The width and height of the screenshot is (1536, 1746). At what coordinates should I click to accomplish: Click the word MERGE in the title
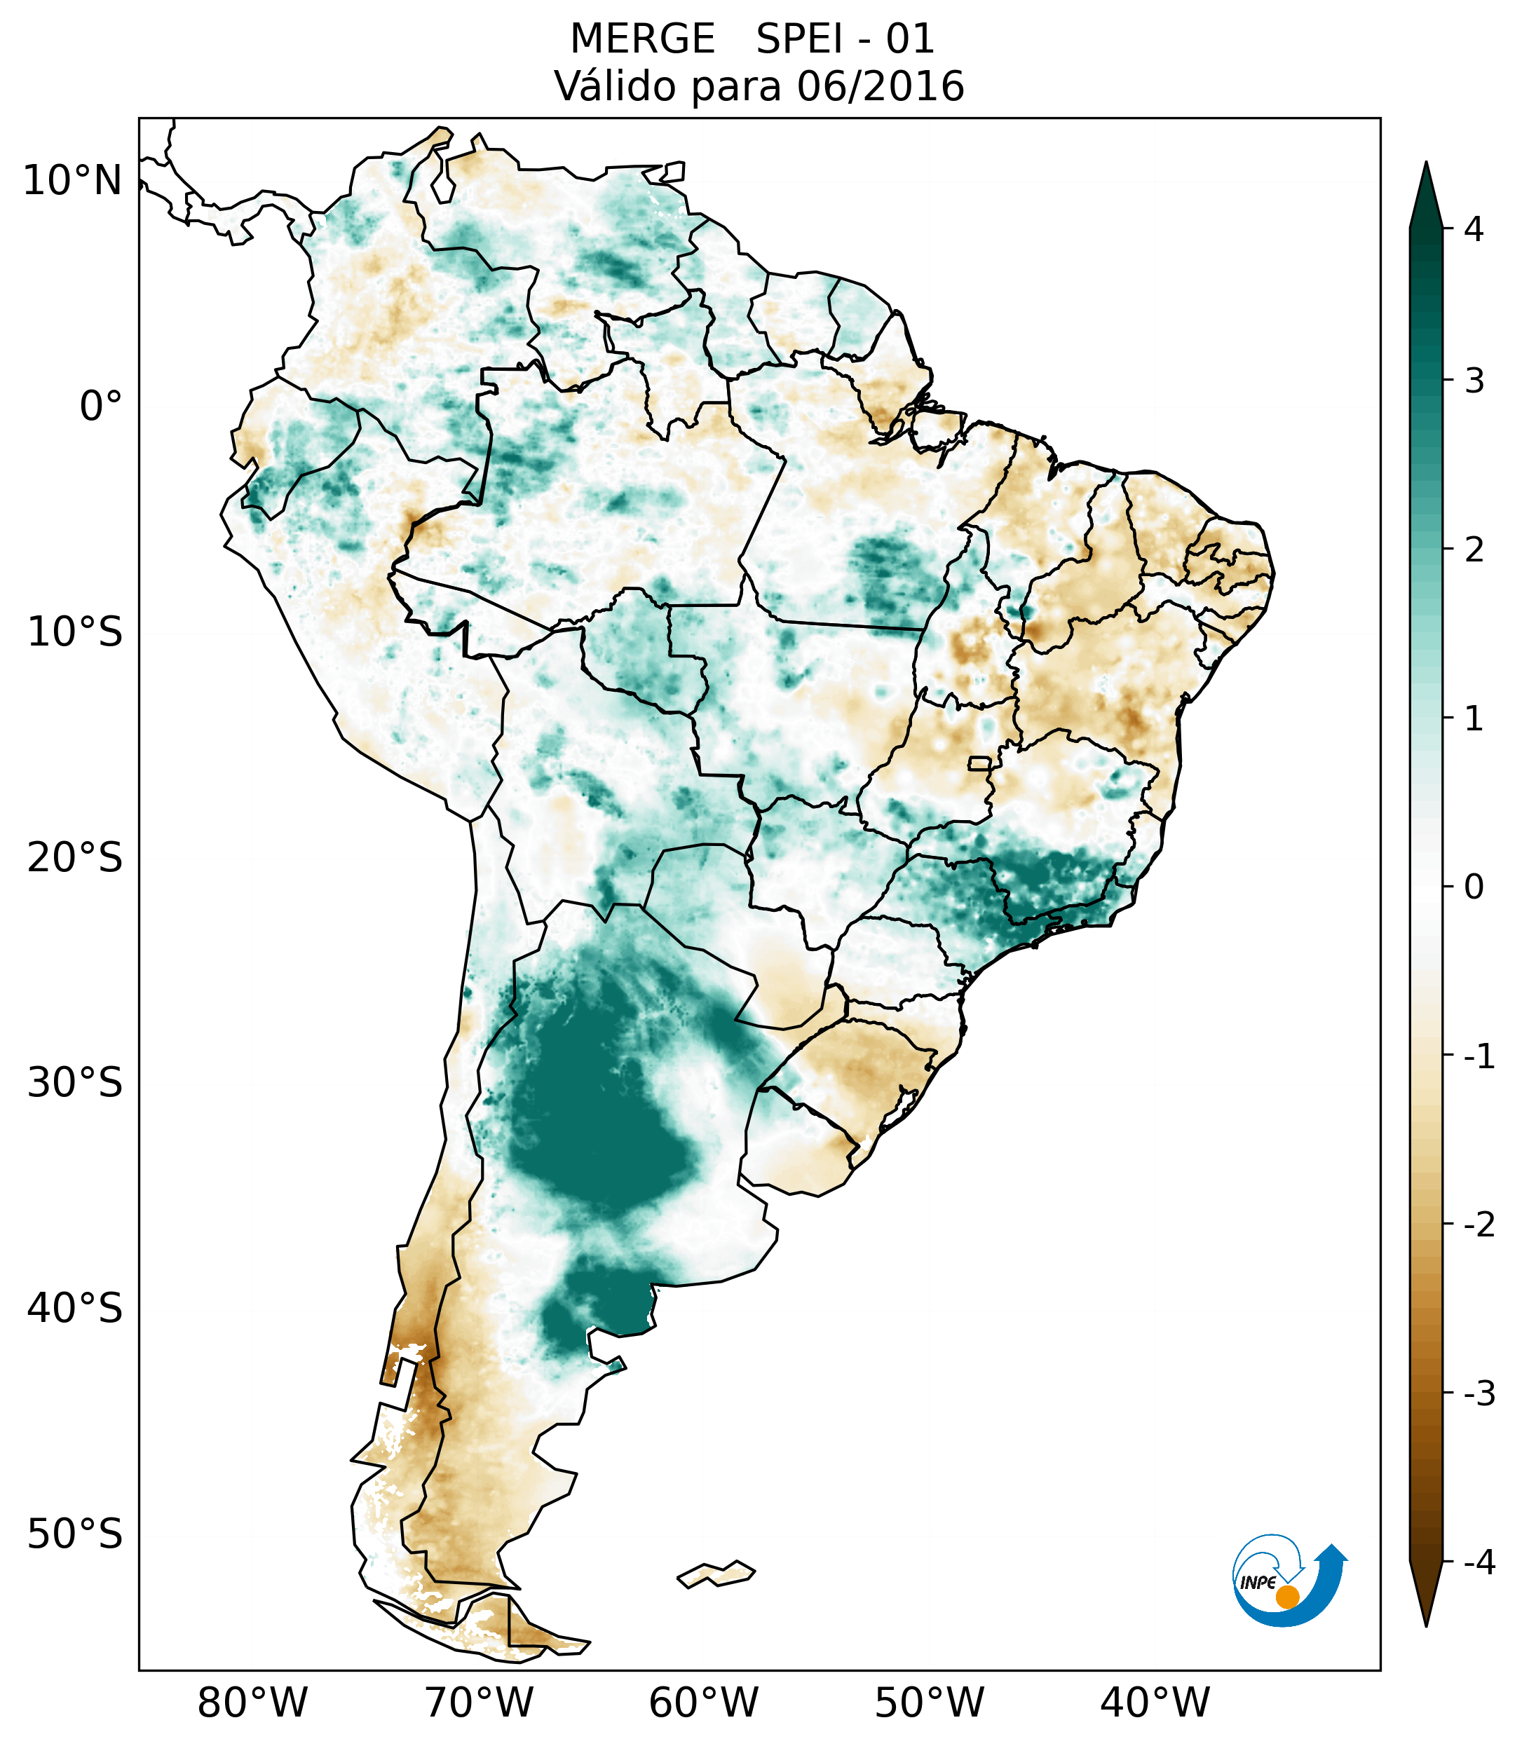[641, 39]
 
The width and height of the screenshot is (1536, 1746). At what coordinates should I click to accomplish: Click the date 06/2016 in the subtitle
[880, 86]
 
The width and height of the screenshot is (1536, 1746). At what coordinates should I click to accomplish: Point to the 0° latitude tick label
[100, 407]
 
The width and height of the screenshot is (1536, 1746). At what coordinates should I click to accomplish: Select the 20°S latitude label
[75, 858]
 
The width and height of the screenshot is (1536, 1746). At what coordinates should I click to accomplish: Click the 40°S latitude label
[75, 1309]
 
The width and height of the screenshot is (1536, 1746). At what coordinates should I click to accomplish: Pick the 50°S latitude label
[75, 1535]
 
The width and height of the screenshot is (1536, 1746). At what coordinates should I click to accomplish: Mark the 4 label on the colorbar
[1474, 229]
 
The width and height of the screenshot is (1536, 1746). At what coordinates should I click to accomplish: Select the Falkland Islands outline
[716, 1574]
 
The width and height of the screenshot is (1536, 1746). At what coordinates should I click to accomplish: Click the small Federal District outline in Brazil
[980, 763]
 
